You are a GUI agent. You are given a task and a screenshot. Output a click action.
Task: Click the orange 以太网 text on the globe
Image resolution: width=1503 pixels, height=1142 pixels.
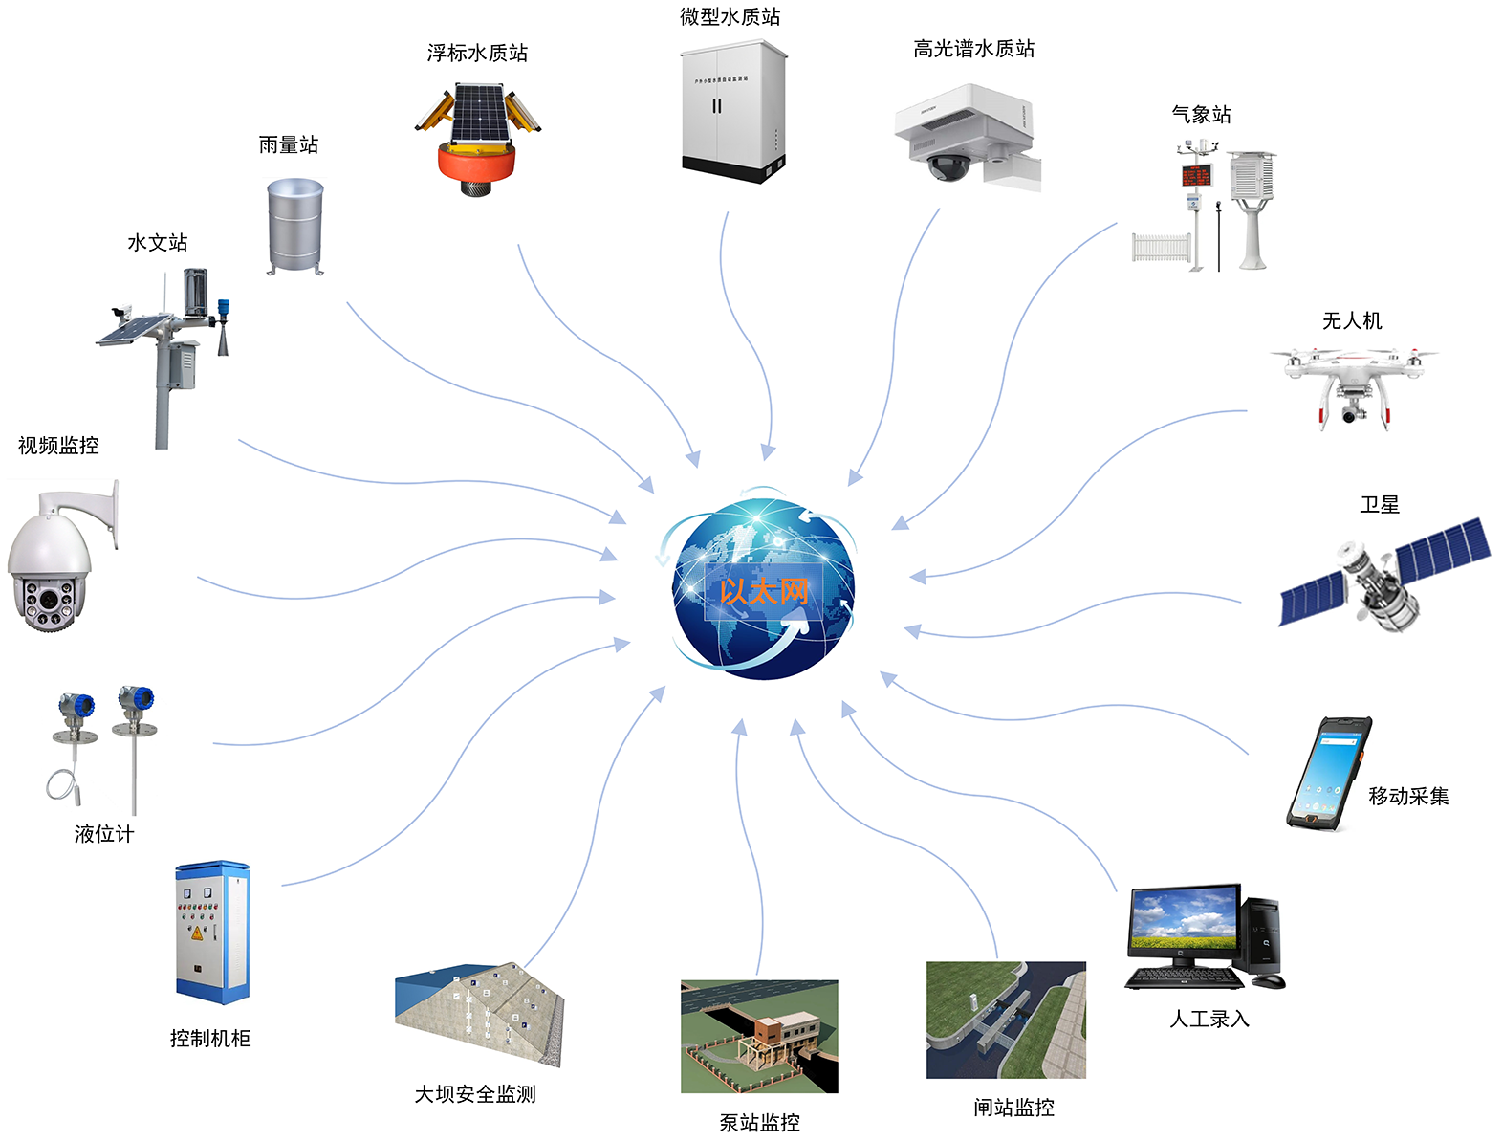[763, 591]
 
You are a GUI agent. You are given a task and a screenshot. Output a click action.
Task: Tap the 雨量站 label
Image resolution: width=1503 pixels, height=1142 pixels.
[288, 145]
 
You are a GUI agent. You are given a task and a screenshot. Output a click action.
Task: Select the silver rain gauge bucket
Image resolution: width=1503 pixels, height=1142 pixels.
[294, 227]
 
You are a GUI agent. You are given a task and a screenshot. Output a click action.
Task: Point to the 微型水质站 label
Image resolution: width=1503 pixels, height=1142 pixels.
[730, 16]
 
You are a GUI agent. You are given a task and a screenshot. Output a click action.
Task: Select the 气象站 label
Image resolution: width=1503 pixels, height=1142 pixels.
[1201, 115]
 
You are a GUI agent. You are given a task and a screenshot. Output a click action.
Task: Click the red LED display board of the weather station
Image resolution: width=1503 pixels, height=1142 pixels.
[1196, 175]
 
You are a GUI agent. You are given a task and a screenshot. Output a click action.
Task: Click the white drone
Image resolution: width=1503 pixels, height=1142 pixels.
[1351, 378]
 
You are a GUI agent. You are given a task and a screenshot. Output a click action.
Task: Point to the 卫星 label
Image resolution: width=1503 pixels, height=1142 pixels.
[1379, 505]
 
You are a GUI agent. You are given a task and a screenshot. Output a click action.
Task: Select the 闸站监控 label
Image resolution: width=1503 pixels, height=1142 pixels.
[1013, 1108]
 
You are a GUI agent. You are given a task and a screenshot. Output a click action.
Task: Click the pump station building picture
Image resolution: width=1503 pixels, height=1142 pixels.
[759, 1036]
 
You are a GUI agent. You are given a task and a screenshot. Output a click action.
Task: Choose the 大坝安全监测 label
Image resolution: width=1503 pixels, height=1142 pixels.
[475, 1094]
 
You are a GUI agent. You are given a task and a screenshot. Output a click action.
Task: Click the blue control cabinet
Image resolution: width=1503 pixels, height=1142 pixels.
[212, 932]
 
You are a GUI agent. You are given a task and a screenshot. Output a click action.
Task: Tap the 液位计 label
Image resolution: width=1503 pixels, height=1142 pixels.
[104, 834]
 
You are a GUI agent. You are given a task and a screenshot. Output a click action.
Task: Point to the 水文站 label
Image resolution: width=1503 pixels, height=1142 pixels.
[158, 243]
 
